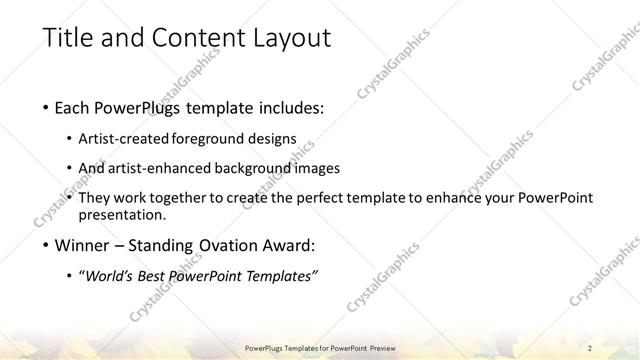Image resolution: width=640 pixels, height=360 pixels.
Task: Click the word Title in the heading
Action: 71,39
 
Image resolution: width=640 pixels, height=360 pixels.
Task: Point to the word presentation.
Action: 130,215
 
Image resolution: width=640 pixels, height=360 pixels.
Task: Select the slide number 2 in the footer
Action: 590,347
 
